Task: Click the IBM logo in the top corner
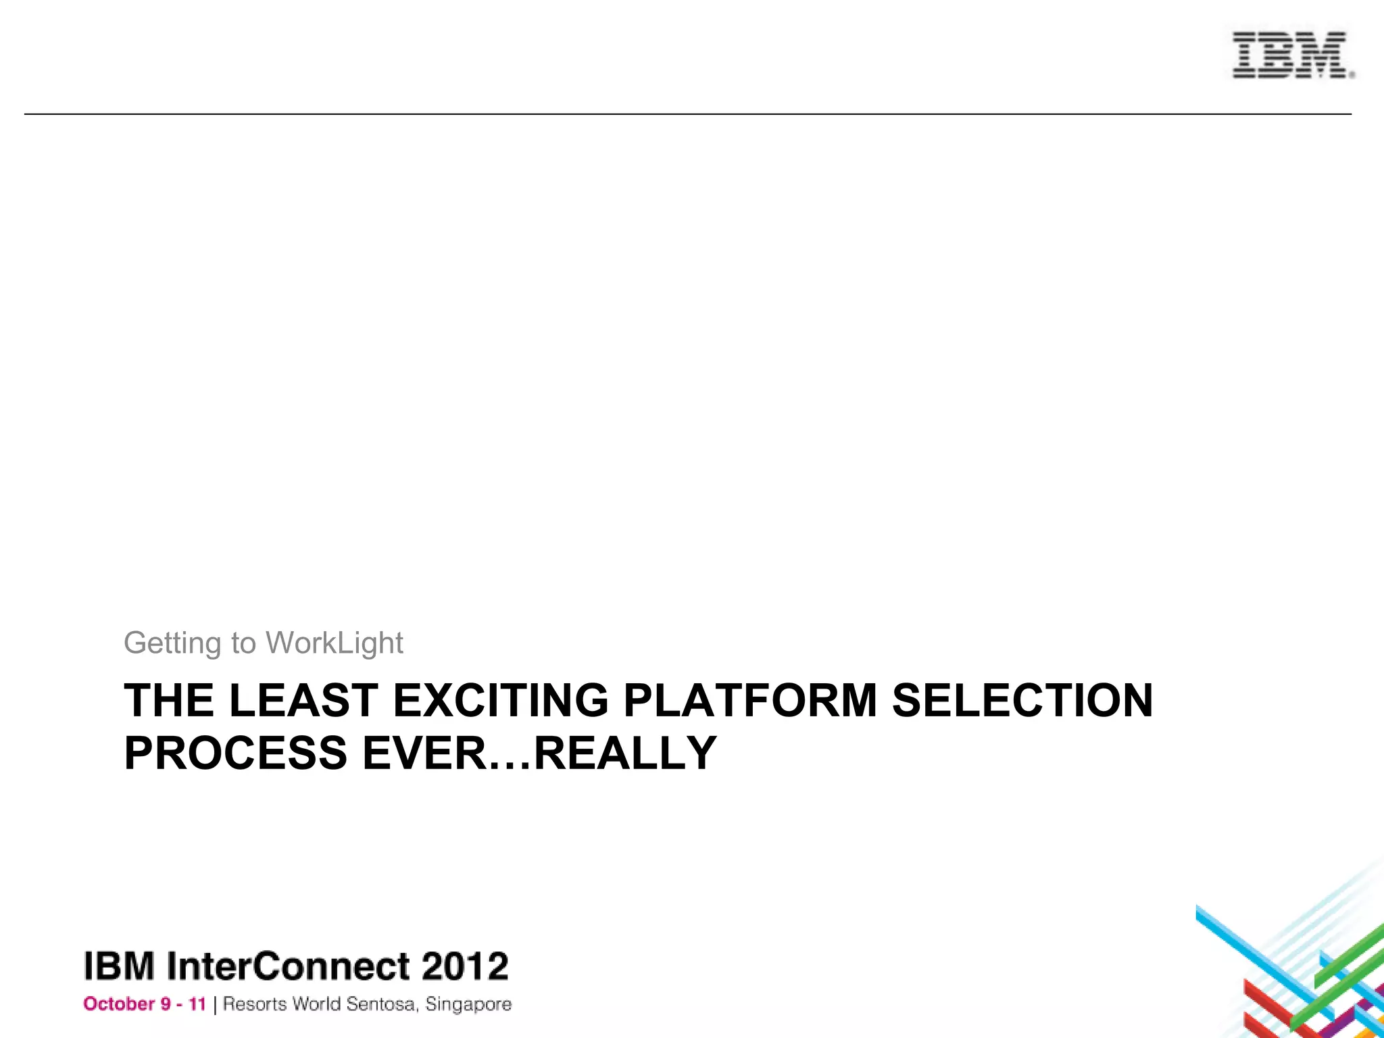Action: click(x=1291, y=55)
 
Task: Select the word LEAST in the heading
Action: click(x=303, y=700)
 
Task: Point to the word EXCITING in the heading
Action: click(x=501, y=700)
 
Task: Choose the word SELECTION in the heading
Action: click(x=1022, y=700)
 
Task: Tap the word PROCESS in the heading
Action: click(x=236, y=753)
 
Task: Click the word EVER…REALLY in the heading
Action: click(x=539, y=753)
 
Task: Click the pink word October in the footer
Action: click(x=119, y=1004)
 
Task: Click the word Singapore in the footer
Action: click(x=468, y=1005)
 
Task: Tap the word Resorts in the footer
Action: click(x=255, y=1004)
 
